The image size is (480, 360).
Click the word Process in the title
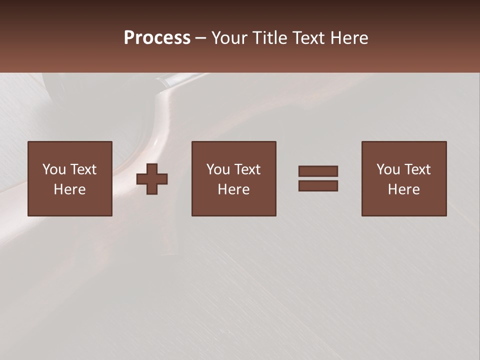tap(157, 38)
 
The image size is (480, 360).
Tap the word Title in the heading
tap(268, 38)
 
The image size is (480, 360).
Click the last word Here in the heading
tap(350, 38)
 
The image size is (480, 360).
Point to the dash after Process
tap(200, 38)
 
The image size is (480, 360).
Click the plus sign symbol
tap(152, 179)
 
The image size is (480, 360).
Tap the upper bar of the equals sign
tap(318, 171)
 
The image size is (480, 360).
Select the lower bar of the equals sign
tap(318, 185)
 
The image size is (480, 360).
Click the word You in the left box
tap(54, 169)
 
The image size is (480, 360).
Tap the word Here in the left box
tap(69, 189)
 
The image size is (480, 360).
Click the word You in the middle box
tap(218, 169)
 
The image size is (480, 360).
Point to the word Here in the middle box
tap(233, 189)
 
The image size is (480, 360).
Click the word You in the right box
tap(388, 169)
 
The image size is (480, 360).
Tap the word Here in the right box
tap(403, 189)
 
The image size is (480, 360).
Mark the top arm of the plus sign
tap(152, 168)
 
